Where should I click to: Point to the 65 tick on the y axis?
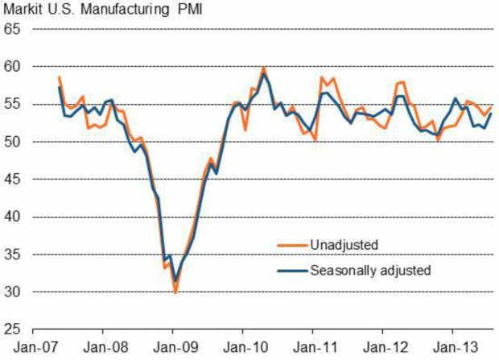point(13,29)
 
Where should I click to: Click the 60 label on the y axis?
point(13,67)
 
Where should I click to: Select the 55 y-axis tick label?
point(13,105)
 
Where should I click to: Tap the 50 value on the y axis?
point(13,142)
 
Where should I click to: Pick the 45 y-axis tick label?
point(13,180)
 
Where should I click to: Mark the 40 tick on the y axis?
point(13,217)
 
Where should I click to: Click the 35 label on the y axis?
point(13,254)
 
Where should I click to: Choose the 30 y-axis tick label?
point(13,292)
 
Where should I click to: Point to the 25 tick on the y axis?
point(13,329)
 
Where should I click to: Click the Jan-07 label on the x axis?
point(33,348)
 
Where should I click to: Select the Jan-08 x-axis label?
point(103,348)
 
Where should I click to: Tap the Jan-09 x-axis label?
point(172,348)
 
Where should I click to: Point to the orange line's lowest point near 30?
point(175,292)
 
